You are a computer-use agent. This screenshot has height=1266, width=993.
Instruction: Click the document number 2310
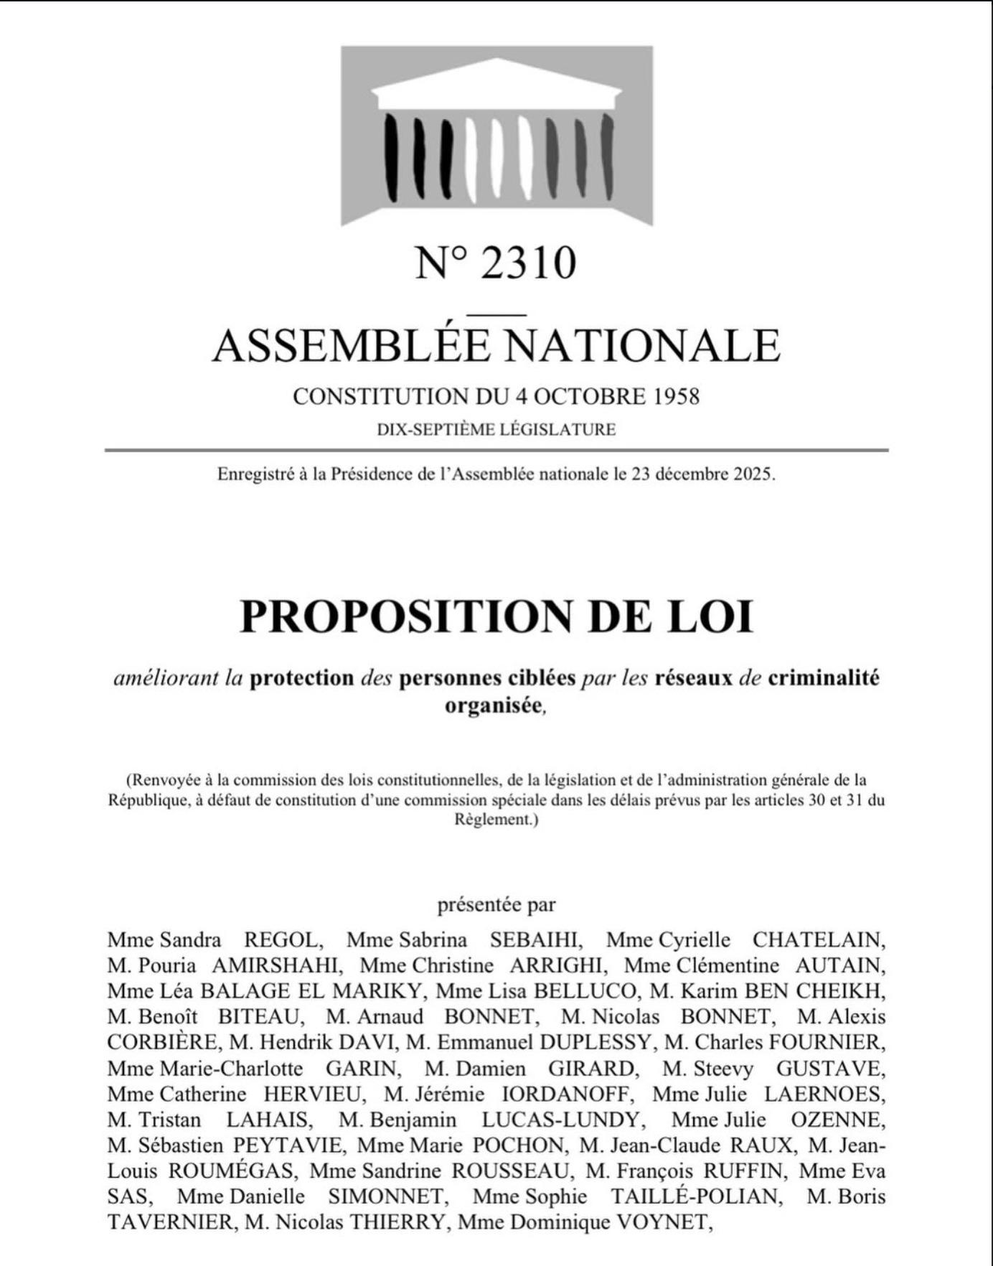tap(527, 263)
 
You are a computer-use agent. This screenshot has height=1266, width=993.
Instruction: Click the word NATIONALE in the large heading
tap(644, 345)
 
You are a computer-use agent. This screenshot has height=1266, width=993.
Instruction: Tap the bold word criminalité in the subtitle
tap(823, 678)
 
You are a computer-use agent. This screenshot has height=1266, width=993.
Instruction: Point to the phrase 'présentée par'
tap(496, 905)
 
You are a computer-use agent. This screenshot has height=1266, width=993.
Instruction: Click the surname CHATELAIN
tap(819, 939)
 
